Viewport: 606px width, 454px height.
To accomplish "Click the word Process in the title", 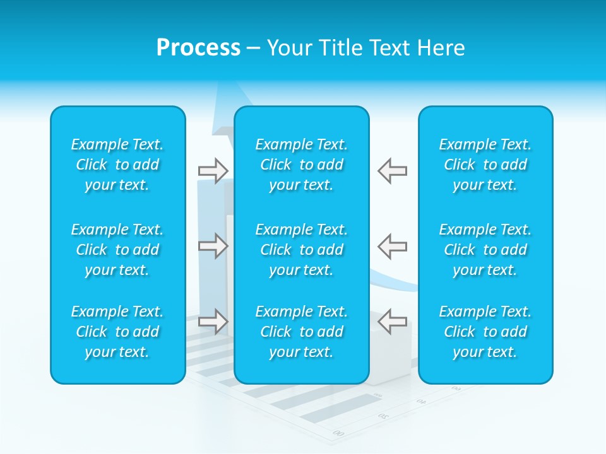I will (198, 48).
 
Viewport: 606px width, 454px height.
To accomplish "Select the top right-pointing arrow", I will (213, 171).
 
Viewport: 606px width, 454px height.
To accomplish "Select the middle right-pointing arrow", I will (213, 245).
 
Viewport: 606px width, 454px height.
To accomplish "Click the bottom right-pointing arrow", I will (213, 321).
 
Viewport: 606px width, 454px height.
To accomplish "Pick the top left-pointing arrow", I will (392, 171).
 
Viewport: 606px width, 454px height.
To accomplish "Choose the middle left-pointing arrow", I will (392, 245).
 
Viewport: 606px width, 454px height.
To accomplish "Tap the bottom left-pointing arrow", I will (392, 321).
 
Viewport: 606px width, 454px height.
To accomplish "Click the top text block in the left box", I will (117, 165).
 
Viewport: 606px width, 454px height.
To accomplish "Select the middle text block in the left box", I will (117, 250).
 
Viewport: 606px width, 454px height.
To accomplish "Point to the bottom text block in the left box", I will (117, 332).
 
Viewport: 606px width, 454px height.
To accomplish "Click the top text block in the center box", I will (301, 165).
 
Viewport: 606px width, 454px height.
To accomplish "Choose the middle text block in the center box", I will (301, 250).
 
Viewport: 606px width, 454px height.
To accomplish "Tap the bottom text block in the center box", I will (301, 332).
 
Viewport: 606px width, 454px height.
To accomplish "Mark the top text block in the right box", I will (485, 165).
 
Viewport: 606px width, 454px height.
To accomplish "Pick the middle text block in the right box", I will (485, 250).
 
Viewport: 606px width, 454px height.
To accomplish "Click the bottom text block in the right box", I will (485, 332).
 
